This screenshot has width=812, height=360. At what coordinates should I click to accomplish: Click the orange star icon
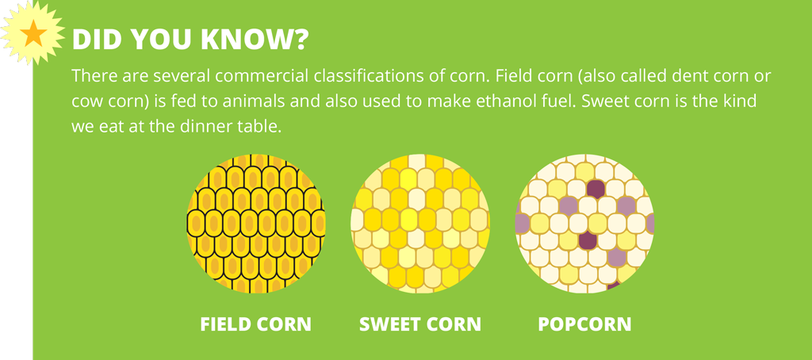tap(33, 33)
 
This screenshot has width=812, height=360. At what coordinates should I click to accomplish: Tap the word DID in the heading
tap(95, 40)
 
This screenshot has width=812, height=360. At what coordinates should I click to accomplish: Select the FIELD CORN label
tap(256, 324)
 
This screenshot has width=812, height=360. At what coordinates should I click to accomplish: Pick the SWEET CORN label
tap(420, 324)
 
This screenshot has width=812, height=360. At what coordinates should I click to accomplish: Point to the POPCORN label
tap(584, 324)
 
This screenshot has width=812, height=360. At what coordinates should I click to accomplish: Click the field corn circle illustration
tap(256, 224)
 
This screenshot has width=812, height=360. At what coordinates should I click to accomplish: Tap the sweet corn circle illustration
tap(420, 224)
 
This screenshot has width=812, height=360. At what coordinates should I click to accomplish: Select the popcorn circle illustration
tap(584, 224)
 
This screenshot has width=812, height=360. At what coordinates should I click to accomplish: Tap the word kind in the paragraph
tap(738, 101)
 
